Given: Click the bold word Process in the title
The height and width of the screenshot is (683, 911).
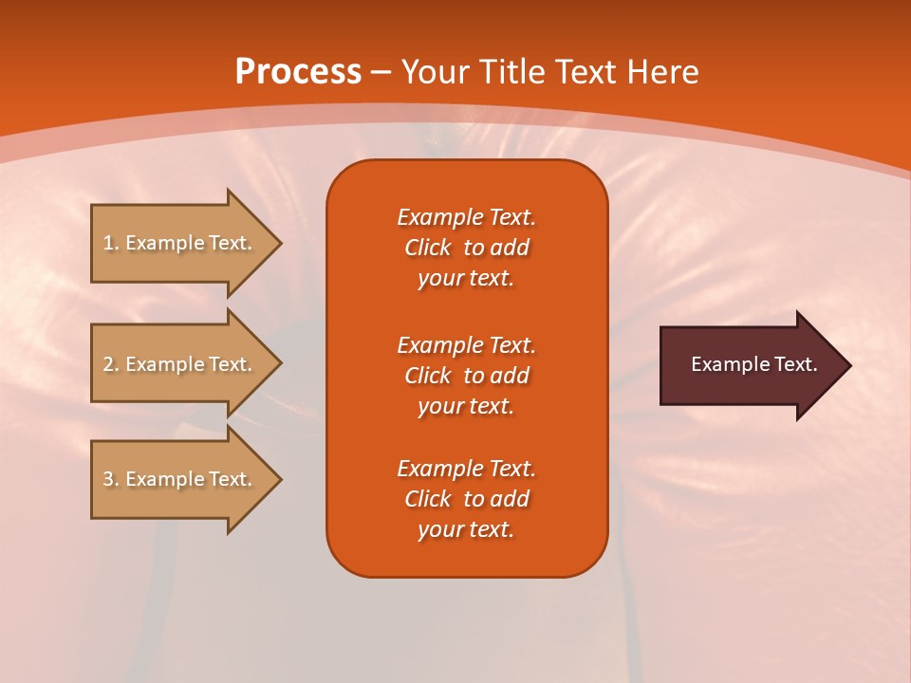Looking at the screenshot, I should (298, 72).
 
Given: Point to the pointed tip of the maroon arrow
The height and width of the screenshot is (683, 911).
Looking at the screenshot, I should (847, 365).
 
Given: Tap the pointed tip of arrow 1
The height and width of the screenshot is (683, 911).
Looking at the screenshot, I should (278, 243).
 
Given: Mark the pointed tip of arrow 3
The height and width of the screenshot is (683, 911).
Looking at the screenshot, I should (278, 479).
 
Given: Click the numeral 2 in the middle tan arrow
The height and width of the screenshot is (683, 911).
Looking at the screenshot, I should (108, 364).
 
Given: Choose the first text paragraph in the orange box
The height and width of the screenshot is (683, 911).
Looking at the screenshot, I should (466, 248).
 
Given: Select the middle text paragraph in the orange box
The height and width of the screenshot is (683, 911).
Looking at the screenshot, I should (466, 376).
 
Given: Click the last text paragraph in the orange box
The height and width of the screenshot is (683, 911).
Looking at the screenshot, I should (466, 499).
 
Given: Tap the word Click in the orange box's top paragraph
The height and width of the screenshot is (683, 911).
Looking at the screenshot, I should (428, 248).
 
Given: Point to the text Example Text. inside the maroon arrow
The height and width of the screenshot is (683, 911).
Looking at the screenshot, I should (754, 364).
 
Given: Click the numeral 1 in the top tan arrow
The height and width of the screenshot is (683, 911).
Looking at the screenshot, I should (108, 243).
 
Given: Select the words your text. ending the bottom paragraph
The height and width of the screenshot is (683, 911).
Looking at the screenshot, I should (466, 529).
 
